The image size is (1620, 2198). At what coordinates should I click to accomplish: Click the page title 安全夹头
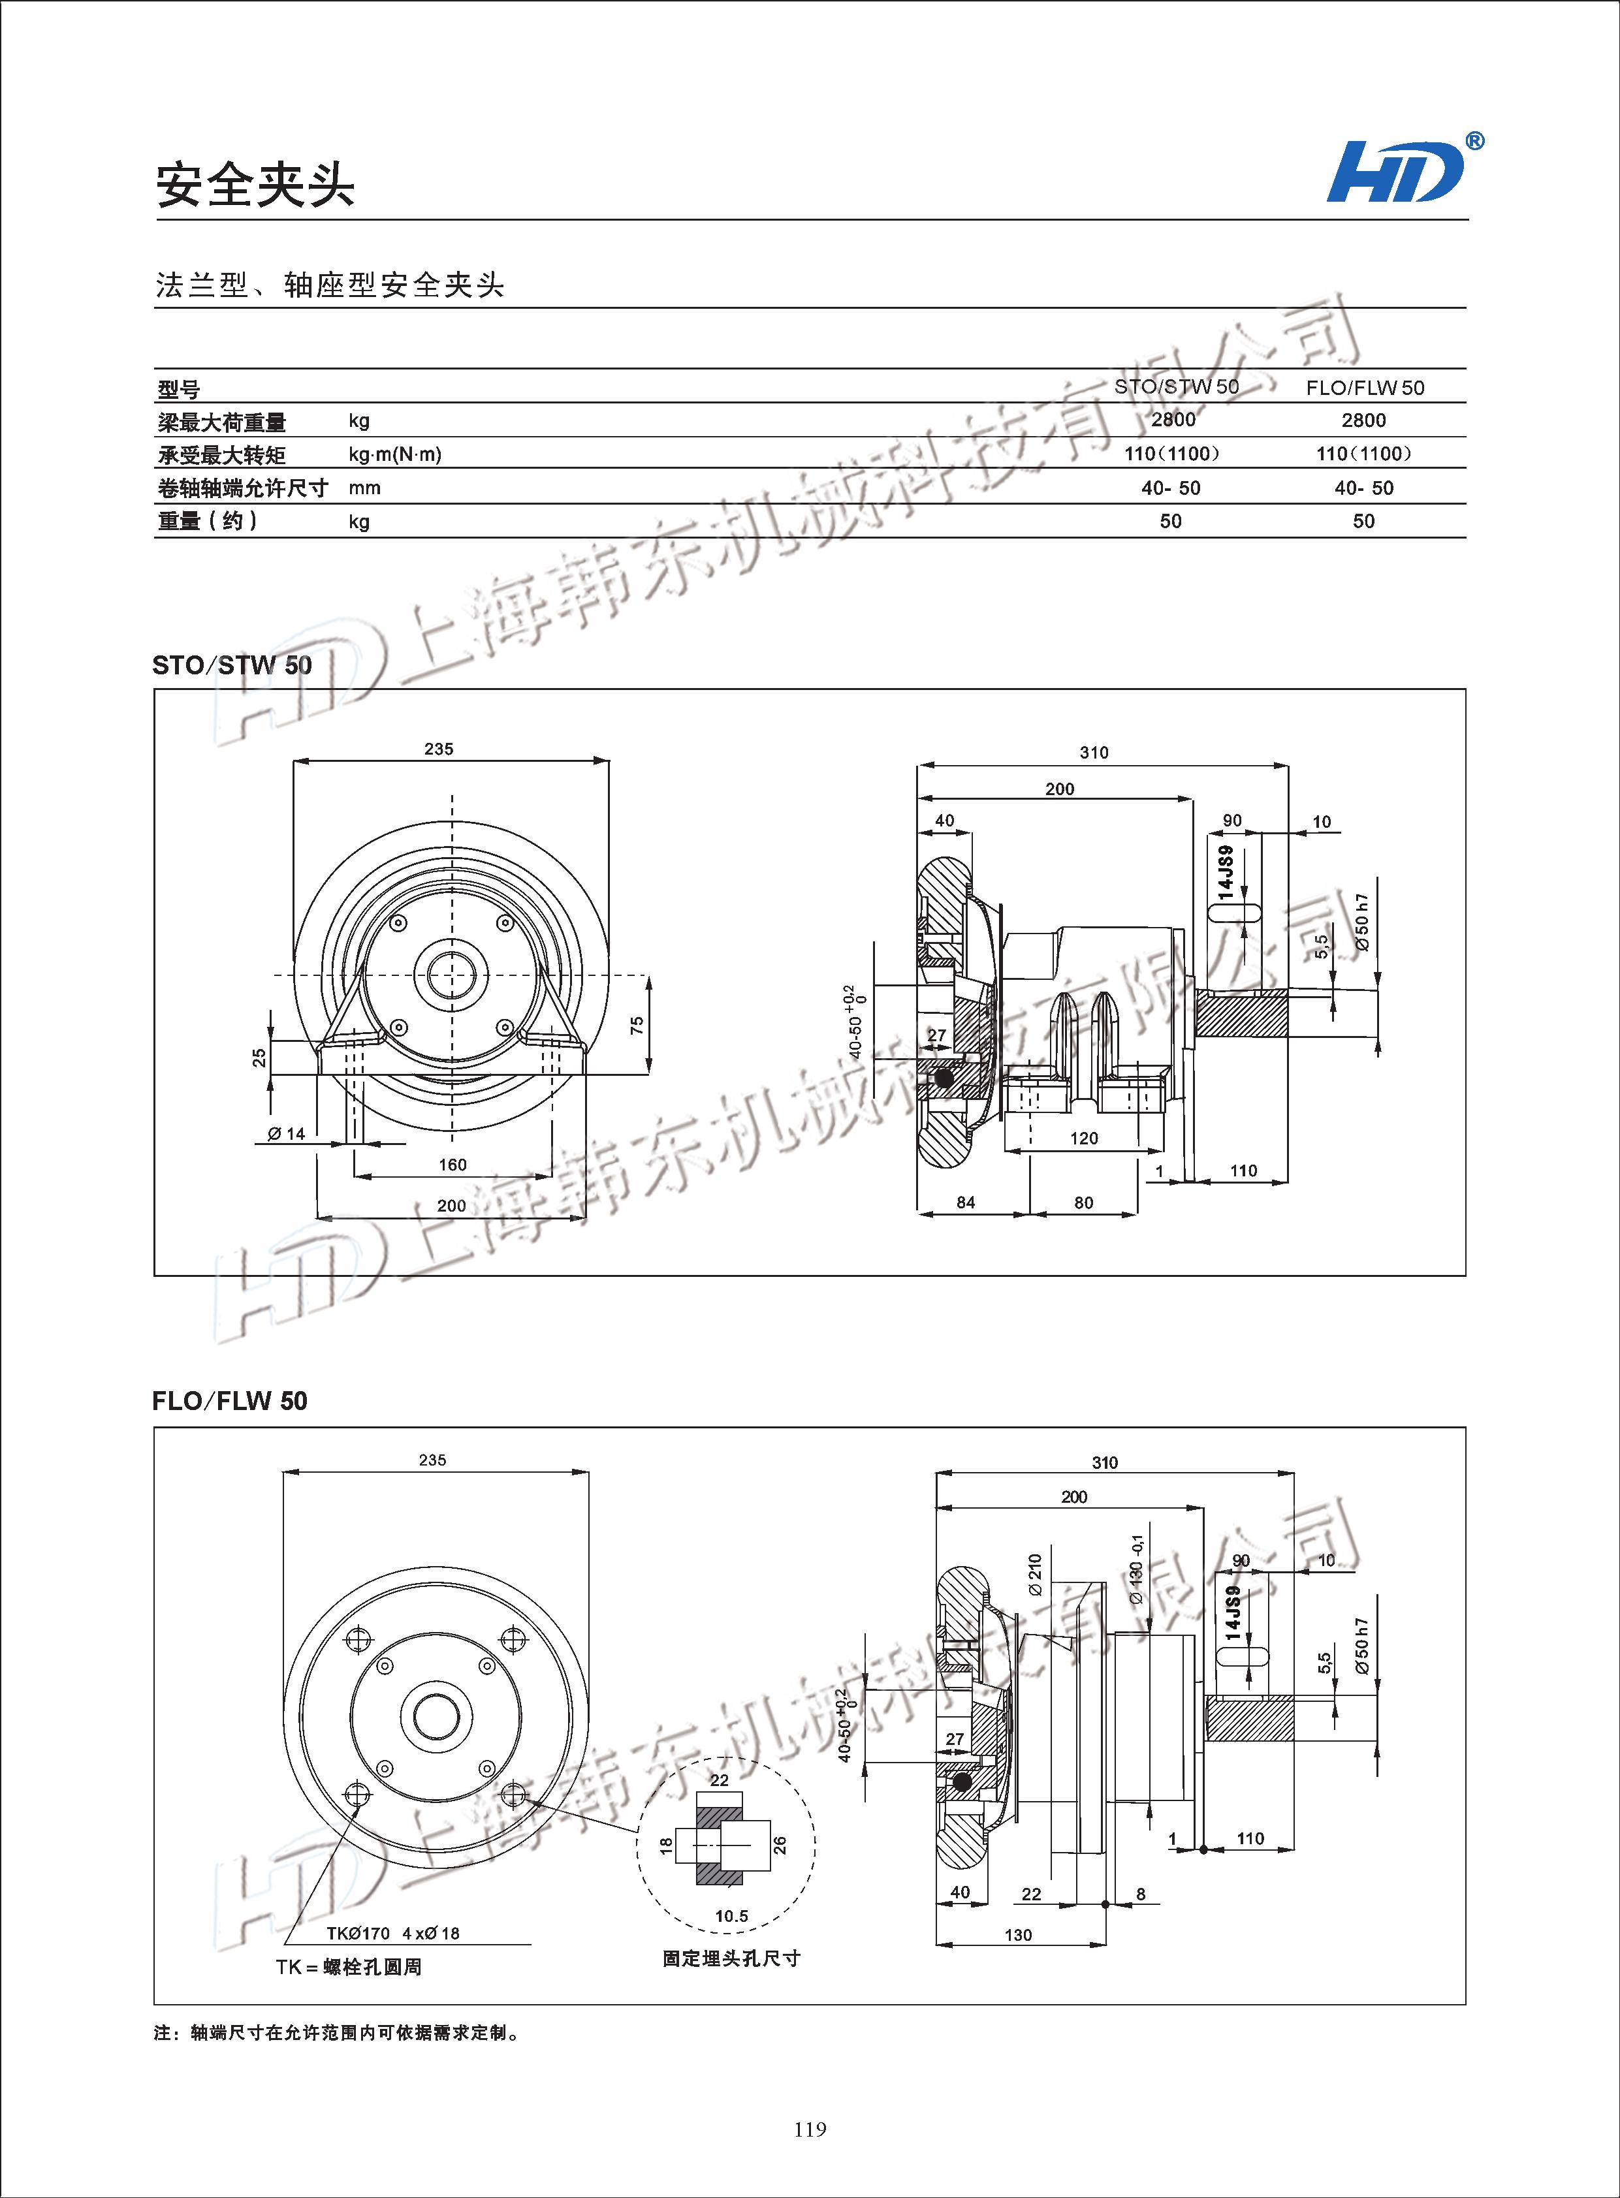tap(254, 184)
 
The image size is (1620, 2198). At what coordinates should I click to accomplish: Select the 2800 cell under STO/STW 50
tap(1173, 420)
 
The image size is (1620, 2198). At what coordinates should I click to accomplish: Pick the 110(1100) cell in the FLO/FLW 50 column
tap(1363, 453)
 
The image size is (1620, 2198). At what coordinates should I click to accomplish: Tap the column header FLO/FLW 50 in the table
tap(1364, 387)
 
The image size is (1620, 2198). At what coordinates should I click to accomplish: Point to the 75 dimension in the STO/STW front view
tap(637, 1024)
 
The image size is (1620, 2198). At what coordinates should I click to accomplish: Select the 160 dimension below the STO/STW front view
tap(452, 1165)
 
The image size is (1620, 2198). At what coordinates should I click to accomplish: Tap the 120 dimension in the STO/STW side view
tap(1084, 1138)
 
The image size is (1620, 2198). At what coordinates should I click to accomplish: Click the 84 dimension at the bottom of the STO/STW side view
tap(966, 1203)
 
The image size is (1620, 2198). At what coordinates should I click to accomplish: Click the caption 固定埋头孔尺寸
tap(731, 1959)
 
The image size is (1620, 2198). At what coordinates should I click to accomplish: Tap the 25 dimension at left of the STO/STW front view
tap(260, 1058)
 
